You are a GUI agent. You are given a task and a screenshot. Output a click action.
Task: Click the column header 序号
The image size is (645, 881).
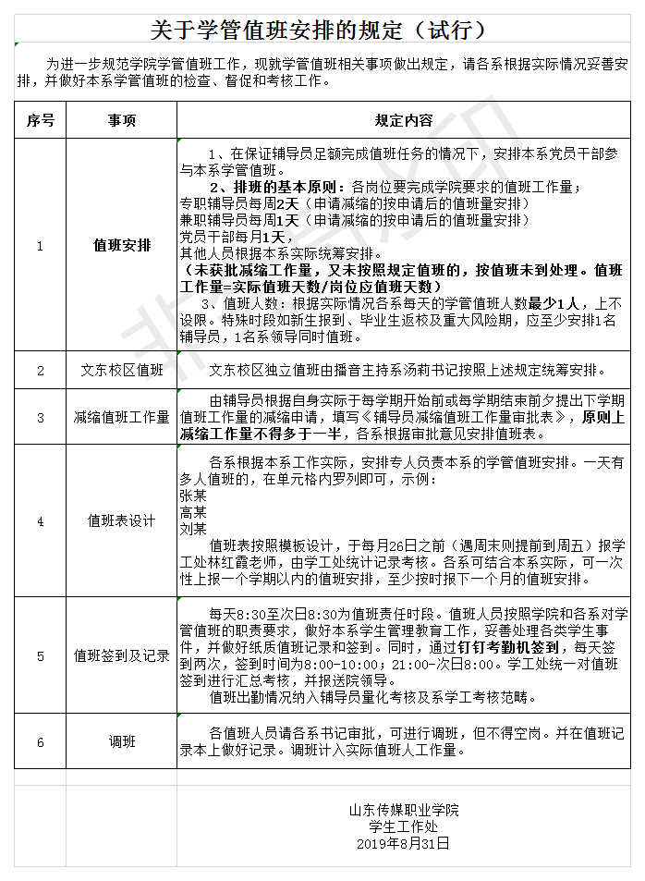(40, 120)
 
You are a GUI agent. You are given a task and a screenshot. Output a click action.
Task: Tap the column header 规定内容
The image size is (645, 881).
(404, 120)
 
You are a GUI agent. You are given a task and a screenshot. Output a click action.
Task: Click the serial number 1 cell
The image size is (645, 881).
(40, 246)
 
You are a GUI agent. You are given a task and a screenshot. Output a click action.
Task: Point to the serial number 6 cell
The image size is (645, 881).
(40, 741)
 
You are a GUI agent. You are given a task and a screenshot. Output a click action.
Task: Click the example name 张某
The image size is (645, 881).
(192, 495)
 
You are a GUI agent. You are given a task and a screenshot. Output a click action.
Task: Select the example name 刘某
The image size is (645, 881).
(192, 529)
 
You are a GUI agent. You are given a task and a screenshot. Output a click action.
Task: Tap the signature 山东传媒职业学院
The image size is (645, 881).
(403, 811)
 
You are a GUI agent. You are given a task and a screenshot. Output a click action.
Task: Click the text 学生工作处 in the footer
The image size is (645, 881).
(403, 827)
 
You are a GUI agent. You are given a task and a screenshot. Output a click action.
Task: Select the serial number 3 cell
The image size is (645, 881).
(40, 417)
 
